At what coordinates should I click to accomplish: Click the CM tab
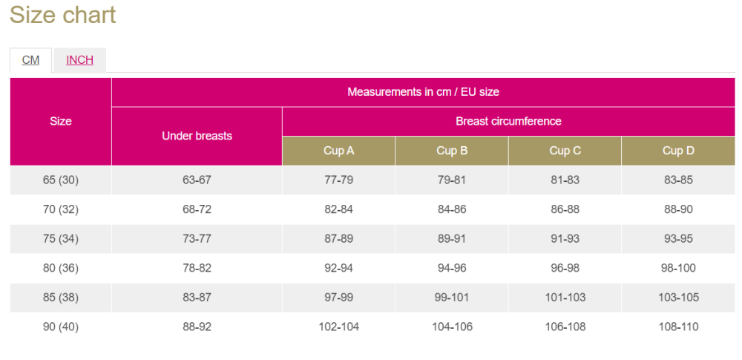(x=30, y=60)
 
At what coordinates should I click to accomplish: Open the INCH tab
(x=79, y=60)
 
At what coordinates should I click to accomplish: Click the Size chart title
(x=62, y=15)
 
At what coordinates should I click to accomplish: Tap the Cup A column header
(x=338, y=151)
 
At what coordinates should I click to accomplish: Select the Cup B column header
(x=451, y=151)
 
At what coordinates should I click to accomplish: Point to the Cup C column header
(x=565, y=151)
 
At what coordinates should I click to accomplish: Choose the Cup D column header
(x=678, y=151)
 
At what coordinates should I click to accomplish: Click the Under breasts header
(x=197, y=136)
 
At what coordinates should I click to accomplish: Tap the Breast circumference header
(x=508, y=121)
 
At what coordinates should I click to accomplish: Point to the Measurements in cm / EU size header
(x=423, y=92)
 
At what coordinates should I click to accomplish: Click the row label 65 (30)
(x=61, y=180)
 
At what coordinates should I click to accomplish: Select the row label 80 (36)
(x=61, y=268)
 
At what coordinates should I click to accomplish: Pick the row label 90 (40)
(x=61, y=327)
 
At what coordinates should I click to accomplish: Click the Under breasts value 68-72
(x=197, y=209)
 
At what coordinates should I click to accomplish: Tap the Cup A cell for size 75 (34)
(x=338, y=238)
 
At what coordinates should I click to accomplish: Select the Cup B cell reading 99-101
(x=451, y=297)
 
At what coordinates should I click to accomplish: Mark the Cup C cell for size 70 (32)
(x=565, y=209)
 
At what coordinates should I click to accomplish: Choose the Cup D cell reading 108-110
(x=678, y=327)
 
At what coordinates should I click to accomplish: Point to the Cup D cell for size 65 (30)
(x=678, y=180)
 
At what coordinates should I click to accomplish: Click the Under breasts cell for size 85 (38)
(x=197, y=297)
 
